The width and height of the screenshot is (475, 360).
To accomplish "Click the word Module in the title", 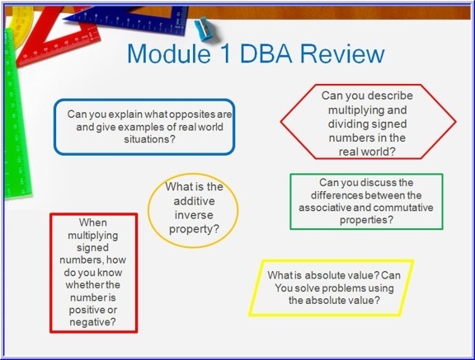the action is pyautogui.click(x=169, y=54).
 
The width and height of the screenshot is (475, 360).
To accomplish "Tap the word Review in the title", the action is pyautogui.click(x=342, y=54).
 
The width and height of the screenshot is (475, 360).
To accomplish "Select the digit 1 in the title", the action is pyautogui.click(x=225, y=54).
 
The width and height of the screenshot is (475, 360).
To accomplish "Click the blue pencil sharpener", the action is pyautogui.click(x=204, y=30).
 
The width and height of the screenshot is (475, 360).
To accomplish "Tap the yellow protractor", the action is pyautogui.click(x=20, y=24).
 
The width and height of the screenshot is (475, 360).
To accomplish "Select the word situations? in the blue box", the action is pyautogui.click(x=149, y=139).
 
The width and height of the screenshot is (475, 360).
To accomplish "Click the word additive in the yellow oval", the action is pyautogui.click(x=194, y=201).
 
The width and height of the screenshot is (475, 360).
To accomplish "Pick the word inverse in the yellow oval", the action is pyautogui.click(x=194, y=215).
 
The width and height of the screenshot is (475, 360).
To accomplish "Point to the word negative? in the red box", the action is pyautogui.click(x=92, y=322).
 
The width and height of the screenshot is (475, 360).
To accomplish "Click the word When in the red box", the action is pyautogui.click(x=93, y=222).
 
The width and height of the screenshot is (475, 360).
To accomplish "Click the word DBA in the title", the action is pyautogui.click(x=266, y=54).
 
